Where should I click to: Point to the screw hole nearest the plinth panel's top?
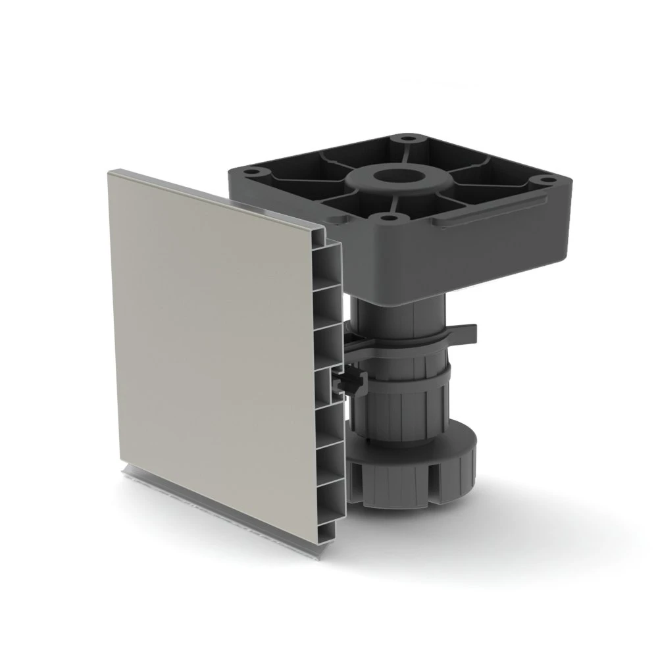click(253, 173)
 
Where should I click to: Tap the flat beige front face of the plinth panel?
click(211, 329)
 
